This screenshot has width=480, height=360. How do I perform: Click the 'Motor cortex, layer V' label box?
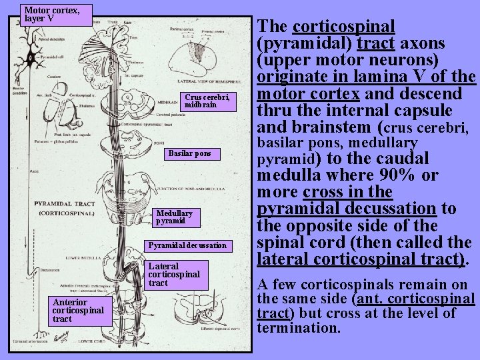[52, 14]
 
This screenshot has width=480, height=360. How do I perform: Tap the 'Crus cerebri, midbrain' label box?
[207, 101]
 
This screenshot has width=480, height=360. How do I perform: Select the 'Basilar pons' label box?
[189, 153]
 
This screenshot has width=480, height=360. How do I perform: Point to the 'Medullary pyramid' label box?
[174, 217]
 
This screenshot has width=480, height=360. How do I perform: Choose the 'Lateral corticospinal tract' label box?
[173, 275]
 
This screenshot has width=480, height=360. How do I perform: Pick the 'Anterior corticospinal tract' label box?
[78, 311]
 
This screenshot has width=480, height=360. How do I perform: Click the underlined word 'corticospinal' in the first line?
[344, 27]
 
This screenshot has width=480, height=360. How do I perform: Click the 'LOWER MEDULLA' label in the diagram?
[79, 255]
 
